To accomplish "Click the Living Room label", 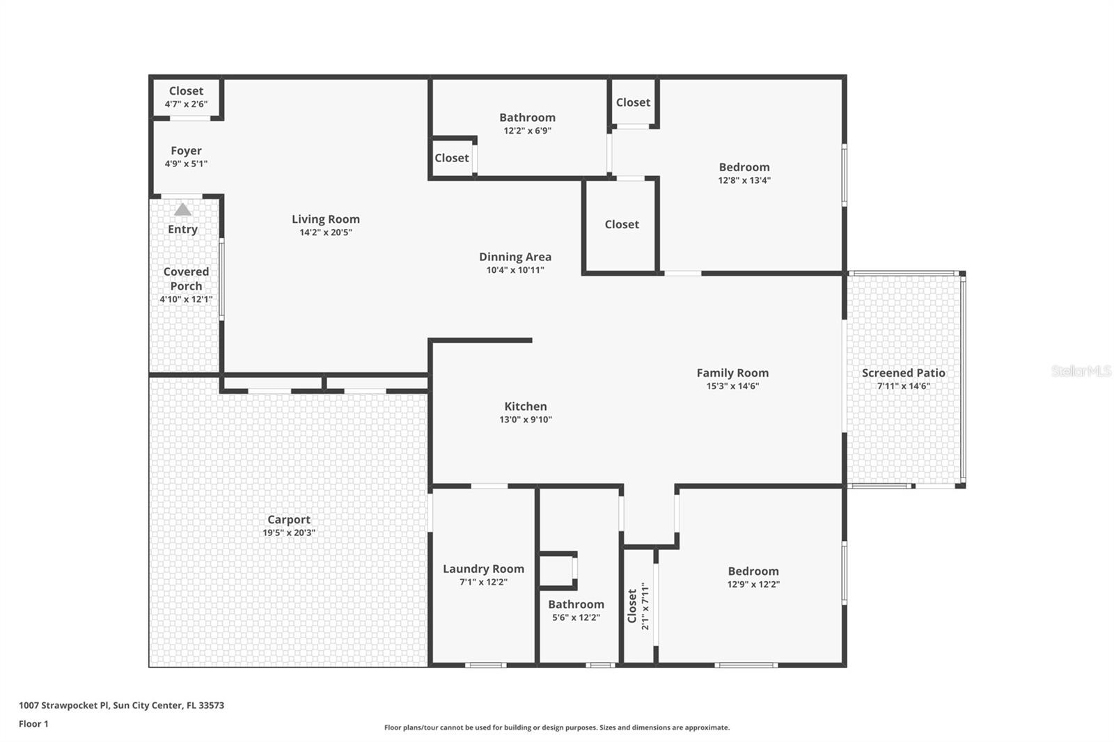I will pyautogui.click(x=325, y=219).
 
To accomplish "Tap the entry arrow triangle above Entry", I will pyautogui.click(x=182, y=210).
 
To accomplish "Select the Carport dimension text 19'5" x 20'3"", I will pyautogui.click(x=289, y=532).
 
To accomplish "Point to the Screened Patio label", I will pyautogui.click(x=903, y=373).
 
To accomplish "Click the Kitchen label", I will pyautogui.click(x=525, y=406).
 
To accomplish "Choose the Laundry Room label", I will pyautogui.click(x=483, y=569).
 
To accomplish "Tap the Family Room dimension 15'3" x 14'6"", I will pyautogui.click(x=732, y=386).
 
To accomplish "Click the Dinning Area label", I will pyautogui.click(x=515, y=257).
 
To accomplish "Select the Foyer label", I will pyautogui.click(x=186, y=151).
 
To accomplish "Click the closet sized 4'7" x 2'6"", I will pyautogui.click(x=186, y=91).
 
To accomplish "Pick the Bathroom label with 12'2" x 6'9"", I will pyautogui.click(x=527, y=118).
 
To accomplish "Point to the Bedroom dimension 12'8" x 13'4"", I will pyautogui.click(x=744, y=180).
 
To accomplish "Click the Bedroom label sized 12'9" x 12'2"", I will pyautogui.click(x=753, y=571).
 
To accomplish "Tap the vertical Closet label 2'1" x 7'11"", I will pyautogui.click(x=632, y=606).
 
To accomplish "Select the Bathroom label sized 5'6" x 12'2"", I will pyautogui.click(x=576, y=604).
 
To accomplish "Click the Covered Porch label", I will pyautogui.click(x=186, y=278).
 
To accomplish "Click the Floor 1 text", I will pyautogui.click(x=33, y=724).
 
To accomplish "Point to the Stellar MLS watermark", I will pyautogui.click(x=1081, y=371).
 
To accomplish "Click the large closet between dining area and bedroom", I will pyautogui.click(x=621, y=224).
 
